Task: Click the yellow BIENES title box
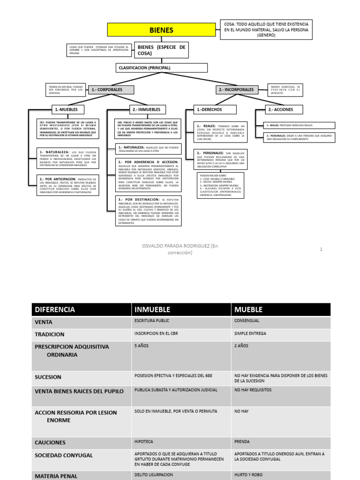[x=161, y=30]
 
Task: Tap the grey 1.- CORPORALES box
[x=111, y=90]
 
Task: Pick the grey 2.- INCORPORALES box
[x=237, y=90]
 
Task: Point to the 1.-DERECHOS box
[x=215, y=110]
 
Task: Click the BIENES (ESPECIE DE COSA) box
[x=161, y=50]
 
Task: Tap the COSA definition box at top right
[x=266, y=30]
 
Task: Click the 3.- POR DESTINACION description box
[x=149, y=210]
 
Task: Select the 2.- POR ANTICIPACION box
[x=68, y=186]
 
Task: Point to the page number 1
[x=321, y=249]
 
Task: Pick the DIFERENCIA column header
[x=81, y=309]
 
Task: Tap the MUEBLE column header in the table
[x=280, y=309]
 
